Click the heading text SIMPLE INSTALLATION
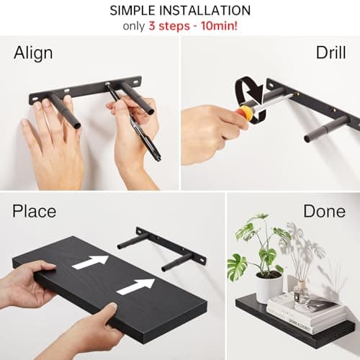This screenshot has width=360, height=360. click(x=180, y=11)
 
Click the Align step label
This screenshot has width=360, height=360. click(x=33, y=53)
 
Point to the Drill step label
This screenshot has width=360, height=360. click(x=330, y=53)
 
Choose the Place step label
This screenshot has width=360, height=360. click(x=35, y=211)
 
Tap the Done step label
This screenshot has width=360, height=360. click(x=324, y=211)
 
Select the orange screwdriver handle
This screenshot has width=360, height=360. click(x=246, y=113)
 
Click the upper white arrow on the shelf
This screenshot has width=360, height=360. click(x=91, y=262)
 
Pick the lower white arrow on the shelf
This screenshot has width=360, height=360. click(x=135, y=286)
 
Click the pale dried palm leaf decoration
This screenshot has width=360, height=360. click(x=306, y=252)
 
